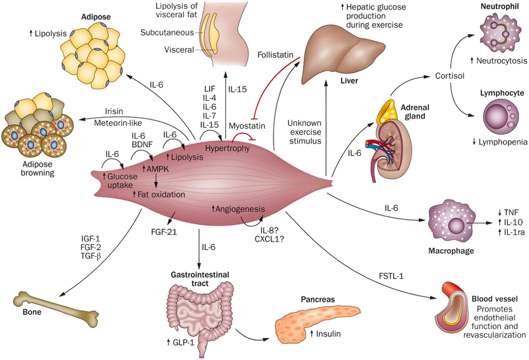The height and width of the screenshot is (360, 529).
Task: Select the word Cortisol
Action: click(450, 76)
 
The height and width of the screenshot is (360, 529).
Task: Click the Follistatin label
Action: click(275, 55)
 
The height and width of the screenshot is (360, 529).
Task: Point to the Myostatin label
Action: click(247, 126)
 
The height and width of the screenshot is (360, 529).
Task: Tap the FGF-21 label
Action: click(164, 232)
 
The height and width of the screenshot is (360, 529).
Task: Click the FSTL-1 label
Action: click(391, 276)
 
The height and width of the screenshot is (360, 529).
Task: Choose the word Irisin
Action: click(114, 111)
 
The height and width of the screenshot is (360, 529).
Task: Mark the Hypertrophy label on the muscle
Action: click(227, 148)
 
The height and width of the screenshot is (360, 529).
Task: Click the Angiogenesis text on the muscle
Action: click(239, 209)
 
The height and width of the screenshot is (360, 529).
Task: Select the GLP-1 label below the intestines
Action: click(181, 342)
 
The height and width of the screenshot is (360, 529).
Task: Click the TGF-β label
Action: click(91, 257)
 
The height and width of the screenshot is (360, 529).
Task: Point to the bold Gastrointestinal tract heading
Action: click(200, 279)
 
